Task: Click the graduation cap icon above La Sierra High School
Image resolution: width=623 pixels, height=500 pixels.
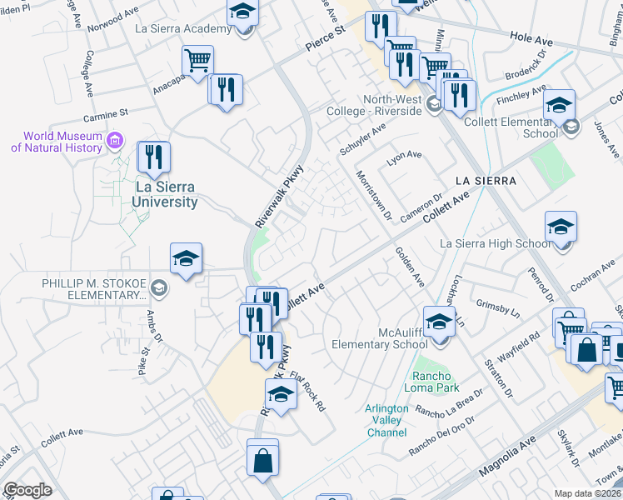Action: tap(561, 226)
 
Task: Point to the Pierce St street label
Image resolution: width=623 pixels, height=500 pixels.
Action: tap(325, 40)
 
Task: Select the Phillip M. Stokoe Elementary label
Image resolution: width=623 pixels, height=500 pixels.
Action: tap(93, 288)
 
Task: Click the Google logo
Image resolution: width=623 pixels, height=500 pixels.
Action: tap(27, 489)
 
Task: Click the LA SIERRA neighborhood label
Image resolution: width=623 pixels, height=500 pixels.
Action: tap(486, 180)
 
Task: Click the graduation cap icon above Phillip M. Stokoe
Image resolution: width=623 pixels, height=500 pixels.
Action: tap(187, 259)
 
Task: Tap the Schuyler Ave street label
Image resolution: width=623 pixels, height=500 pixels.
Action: tap(362, 139)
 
